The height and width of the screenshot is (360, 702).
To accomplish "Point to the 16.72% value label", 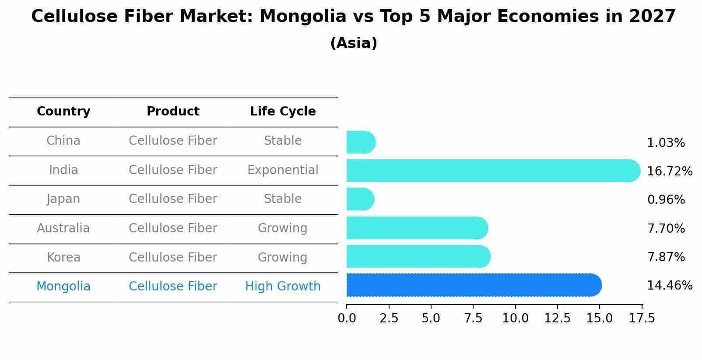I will click(669, 171).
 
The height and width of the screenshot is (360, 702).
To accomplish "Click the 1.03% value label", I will click(666, 143).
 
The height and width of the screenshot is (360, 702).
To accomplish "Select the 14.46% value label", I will click(669, 286).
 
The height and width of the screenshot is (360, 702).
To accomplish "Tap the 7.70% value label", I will click(666, 228).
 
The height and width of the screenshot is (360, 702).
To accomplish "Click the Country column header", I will click(63, 112).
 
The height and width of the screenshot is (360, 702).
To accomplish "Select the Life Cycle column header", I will click(283, 112).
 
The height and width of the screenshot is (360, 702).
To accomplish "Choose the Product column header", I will click(173, 112).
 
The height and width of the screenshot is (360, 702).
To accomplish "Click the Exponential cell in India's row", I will click(283, 170).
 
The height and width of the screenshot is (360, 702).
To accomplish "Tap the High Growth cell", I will click(283, 287).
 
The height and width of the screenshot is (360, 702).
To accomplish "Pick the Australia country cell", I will click(63, 228).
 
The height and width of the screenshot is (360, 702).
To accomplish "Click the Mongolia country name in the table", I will click(63, 287).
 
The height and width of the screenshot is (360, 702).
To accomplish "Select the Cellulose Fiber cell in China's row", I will click(173, 141).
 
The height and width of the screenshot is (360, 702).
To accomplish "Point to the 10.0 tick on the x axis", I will click(515, 318).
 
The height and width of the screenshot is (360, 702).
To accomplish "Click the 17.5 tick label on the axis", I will click(642, 318).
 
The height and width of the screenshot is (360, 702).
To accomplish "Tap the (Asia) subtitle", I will click(354, 43).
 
